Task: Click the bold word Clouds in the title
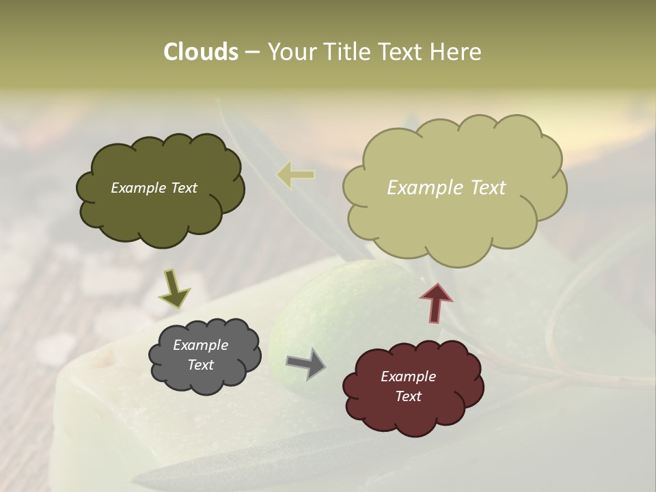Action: [x=200, y=51]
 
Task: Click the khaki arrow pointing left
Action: [x=296, y=175]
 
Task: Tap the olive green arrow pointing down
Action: [x=174, y=289]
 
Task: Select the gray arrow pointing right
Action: [x=306, y=364]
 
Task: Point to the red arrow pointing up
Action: [x=436, y=303]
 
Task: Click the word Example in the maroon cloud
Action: [x=408, y=377]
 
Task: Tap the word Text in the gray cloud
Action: [x=200, y=365]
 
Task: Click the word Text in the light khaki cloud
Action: [x=482, y=188]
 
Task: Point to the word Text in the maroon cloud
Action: [x=408, y=396]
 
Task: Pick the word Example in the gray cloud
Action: [x=200, y=345]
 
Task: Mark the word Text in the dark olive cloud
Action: [x=183, y=188]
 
